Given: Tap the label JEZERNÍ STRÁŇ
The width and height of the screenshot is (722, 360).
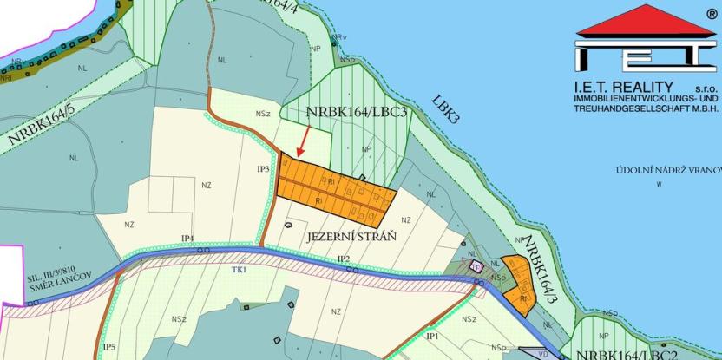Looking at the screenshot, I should pyautogui.click(x=351, y=236).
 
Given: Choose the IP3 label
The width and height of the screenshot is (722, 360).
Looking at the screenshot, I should pyautogui.click(x=266, y=168).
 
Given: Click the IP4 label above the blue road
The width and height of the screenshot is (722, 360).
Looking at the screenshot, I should pyautogui.click(x=187, y=238).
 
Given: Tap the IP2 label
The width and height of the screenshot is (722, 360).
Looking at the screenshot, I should pyautogui.click(x=343, y=259).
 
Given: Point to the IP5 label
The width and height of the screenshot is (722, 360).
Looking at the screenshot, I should pyautogui.click(x=109, y=346).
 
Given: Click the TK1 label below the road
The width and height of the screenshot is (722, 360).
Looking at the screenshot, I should pyautogui.click(x=239, y=270).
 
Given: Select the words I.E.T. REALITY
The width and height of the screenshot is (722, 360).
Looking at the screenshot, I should pyautogui.click(x=624, y=87).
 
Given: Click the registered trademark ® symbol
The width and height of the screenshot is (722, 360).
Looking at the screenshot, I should pyautogui.click(x=711, y=14).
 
